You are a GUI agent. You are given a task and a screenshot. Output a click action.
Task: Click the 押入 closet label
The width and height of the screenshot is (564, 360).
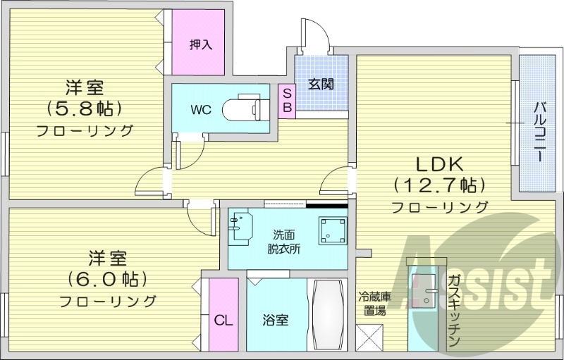click(200, 44)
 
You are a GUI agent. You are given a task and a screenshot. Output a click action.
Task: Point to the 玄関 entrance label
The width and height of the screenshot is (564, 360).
click(321, 85)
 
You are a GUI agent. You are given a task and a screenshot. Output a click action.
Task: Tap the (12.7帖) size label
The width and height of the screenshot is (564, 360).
click(439, 186)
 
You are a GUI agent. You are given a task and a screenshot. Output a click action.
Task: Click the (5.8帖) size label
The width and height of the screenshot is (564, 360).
click(85, 108)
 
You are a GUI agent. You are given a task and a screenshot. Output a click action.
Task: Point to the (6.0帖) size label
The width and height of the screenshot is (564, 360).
click(107, 279)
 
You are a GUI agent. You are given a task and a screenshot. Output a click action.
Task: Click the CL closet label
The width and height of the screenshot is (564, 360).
click(223, 320)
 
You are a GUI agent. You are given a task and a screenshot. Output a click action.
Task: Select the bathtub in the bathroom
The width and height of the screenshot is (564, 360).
click(326, 315)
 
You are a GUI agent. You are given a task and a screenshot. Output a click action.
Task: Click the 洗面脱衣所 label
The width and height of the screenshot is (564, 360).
click(285, 241)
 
